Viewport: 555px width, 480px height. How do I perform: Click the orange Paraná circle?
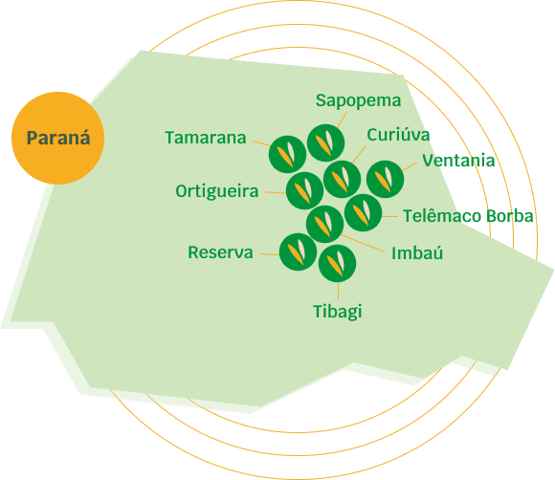click(x=58, y=138)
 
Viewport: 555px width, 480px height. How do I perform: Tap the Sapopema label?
click(x=358, y=101)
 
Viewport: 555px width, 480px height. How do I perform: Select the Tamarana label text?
click(x=206, y=138)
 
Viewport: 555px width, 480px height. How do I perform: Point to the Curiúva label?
click(x=398, y=135)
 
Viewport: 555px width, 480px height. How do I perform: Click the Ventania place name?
click(x=458, y=161)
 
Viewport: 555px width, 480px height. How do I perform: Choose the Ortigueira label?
click(x=217, y=192)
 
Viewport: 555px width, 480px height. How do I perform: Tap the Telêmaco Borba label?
click(x=468, y=216)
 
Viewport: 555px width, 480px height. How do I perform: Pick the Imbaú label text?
click(x=417, y=253)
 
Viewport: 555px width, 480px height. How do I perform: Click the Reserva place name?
click(x=220, y=252)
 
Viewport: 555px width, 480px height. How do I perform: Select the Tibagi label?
click(x=338, y=312)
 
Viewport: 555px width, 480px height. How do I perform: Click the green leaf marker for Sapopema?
click(x=325, y=142)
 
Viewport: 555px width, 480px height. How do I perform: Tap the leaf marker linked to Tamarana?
click(x=287, y=154)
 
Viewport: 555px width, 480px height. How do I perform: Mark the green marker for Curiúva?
click(x=342, y=179)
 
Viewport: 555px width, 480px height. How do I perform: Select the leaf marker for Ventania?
click(x=385, y=179)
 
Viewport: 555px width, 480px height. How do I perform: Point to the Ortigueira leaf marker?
click(x=304, y=190)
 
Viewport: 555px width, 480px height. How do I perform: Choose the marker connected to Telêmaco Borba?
click(x=364, y=212)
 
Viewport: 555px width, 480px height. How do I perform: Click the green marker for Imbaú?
click(x=324, y=224)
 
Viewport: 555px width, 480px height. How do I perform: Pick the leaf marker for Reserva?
click(x=298, y=251)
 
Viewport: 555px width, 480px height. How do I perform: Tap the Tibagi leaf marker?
click(x=338, y=263)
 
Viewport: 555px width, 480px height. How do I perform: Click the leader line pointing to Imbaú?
click(x=364, y=244)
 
